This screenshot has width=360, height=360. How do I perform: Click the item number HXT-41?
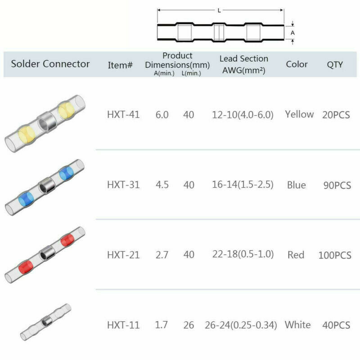pos(123,115)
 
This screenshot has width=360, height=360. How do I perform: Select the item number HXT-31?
pos(123,184)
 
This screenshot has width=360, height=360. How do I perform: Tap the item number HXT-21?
pos(123,255)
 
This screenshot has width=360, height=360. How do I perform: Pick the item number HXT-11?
pos(123,325)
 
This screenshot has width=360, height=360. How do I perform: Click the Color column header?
pos(297,64)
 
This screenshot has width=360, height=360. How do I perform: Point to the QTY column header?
pos(335,64)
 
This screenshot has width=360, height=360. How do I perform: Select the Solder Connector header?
pos(50,63)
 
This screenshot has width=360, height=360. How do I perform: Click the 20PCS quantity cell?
pos(336,115)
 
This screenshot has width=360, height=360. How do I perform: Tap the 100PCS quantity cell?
pos(335,255)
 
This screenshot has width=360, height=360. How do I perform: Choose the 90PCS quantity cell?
pos(337,185)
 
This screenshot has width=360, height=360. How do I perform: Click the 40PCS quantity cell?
pos(336,325)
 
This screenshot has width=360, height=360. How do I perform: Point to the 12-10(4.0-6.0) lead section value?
pos(243,115)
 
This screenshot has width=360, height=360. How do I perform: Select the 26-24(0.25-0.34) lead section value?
pos(244,325)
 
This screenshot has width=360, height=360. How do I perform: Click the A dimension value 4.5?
pos(162,184)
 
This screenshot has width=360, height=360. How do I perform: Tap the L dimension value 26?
pos(189,325)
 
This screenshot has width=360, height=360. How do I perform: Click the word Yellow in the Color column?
pos(299,114)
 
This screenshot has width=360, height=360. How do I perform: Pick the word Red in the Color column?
pos(296,255)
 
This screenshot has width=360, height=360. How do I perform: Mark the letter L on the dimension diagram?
pos(219,11)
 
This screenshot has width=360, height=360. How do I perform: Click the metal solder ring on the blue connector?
pos(45,184)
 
